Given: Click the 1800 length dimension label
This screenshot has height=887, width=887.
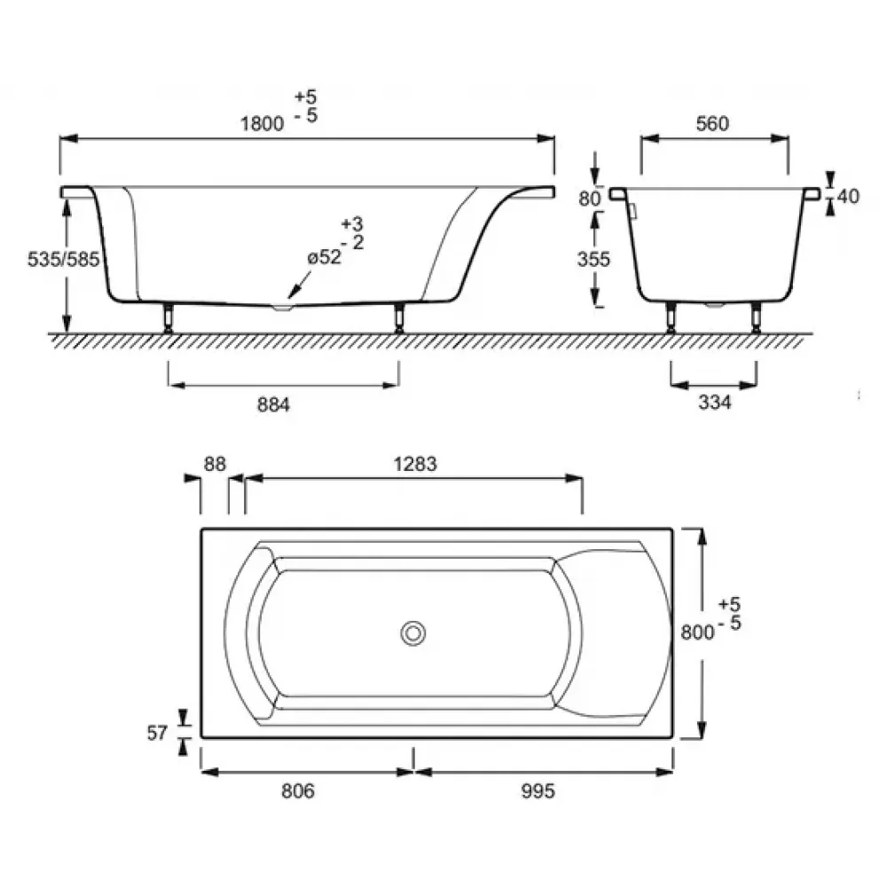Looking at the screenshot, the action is (262, 123).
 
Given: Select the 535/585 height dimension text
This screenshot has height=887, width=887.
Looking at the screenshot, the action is (63, 260).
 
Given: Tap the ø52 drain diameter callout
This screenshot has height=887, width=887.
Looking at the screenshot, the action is (325, 257).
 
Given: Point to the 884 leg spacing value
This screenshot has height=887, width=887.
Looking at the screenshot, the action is (273, 404).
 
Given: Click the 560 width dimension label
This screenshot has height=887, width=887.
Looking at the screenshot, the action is (712, 123).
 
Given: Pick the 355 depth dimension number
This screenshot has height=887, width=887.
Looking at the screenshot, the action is (593, 259).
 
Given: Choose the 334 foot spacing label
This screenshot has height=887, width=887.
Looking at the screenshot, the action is (714, 402).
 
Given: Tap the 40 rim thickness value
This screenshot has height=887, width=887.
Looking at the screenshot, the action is (848, 196).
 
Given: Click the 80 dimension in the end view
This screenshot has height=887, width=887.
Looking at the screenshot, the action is (590, 199).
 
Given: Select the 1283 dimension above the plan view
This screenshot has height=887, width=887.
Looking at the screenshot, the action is (415, 464).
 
